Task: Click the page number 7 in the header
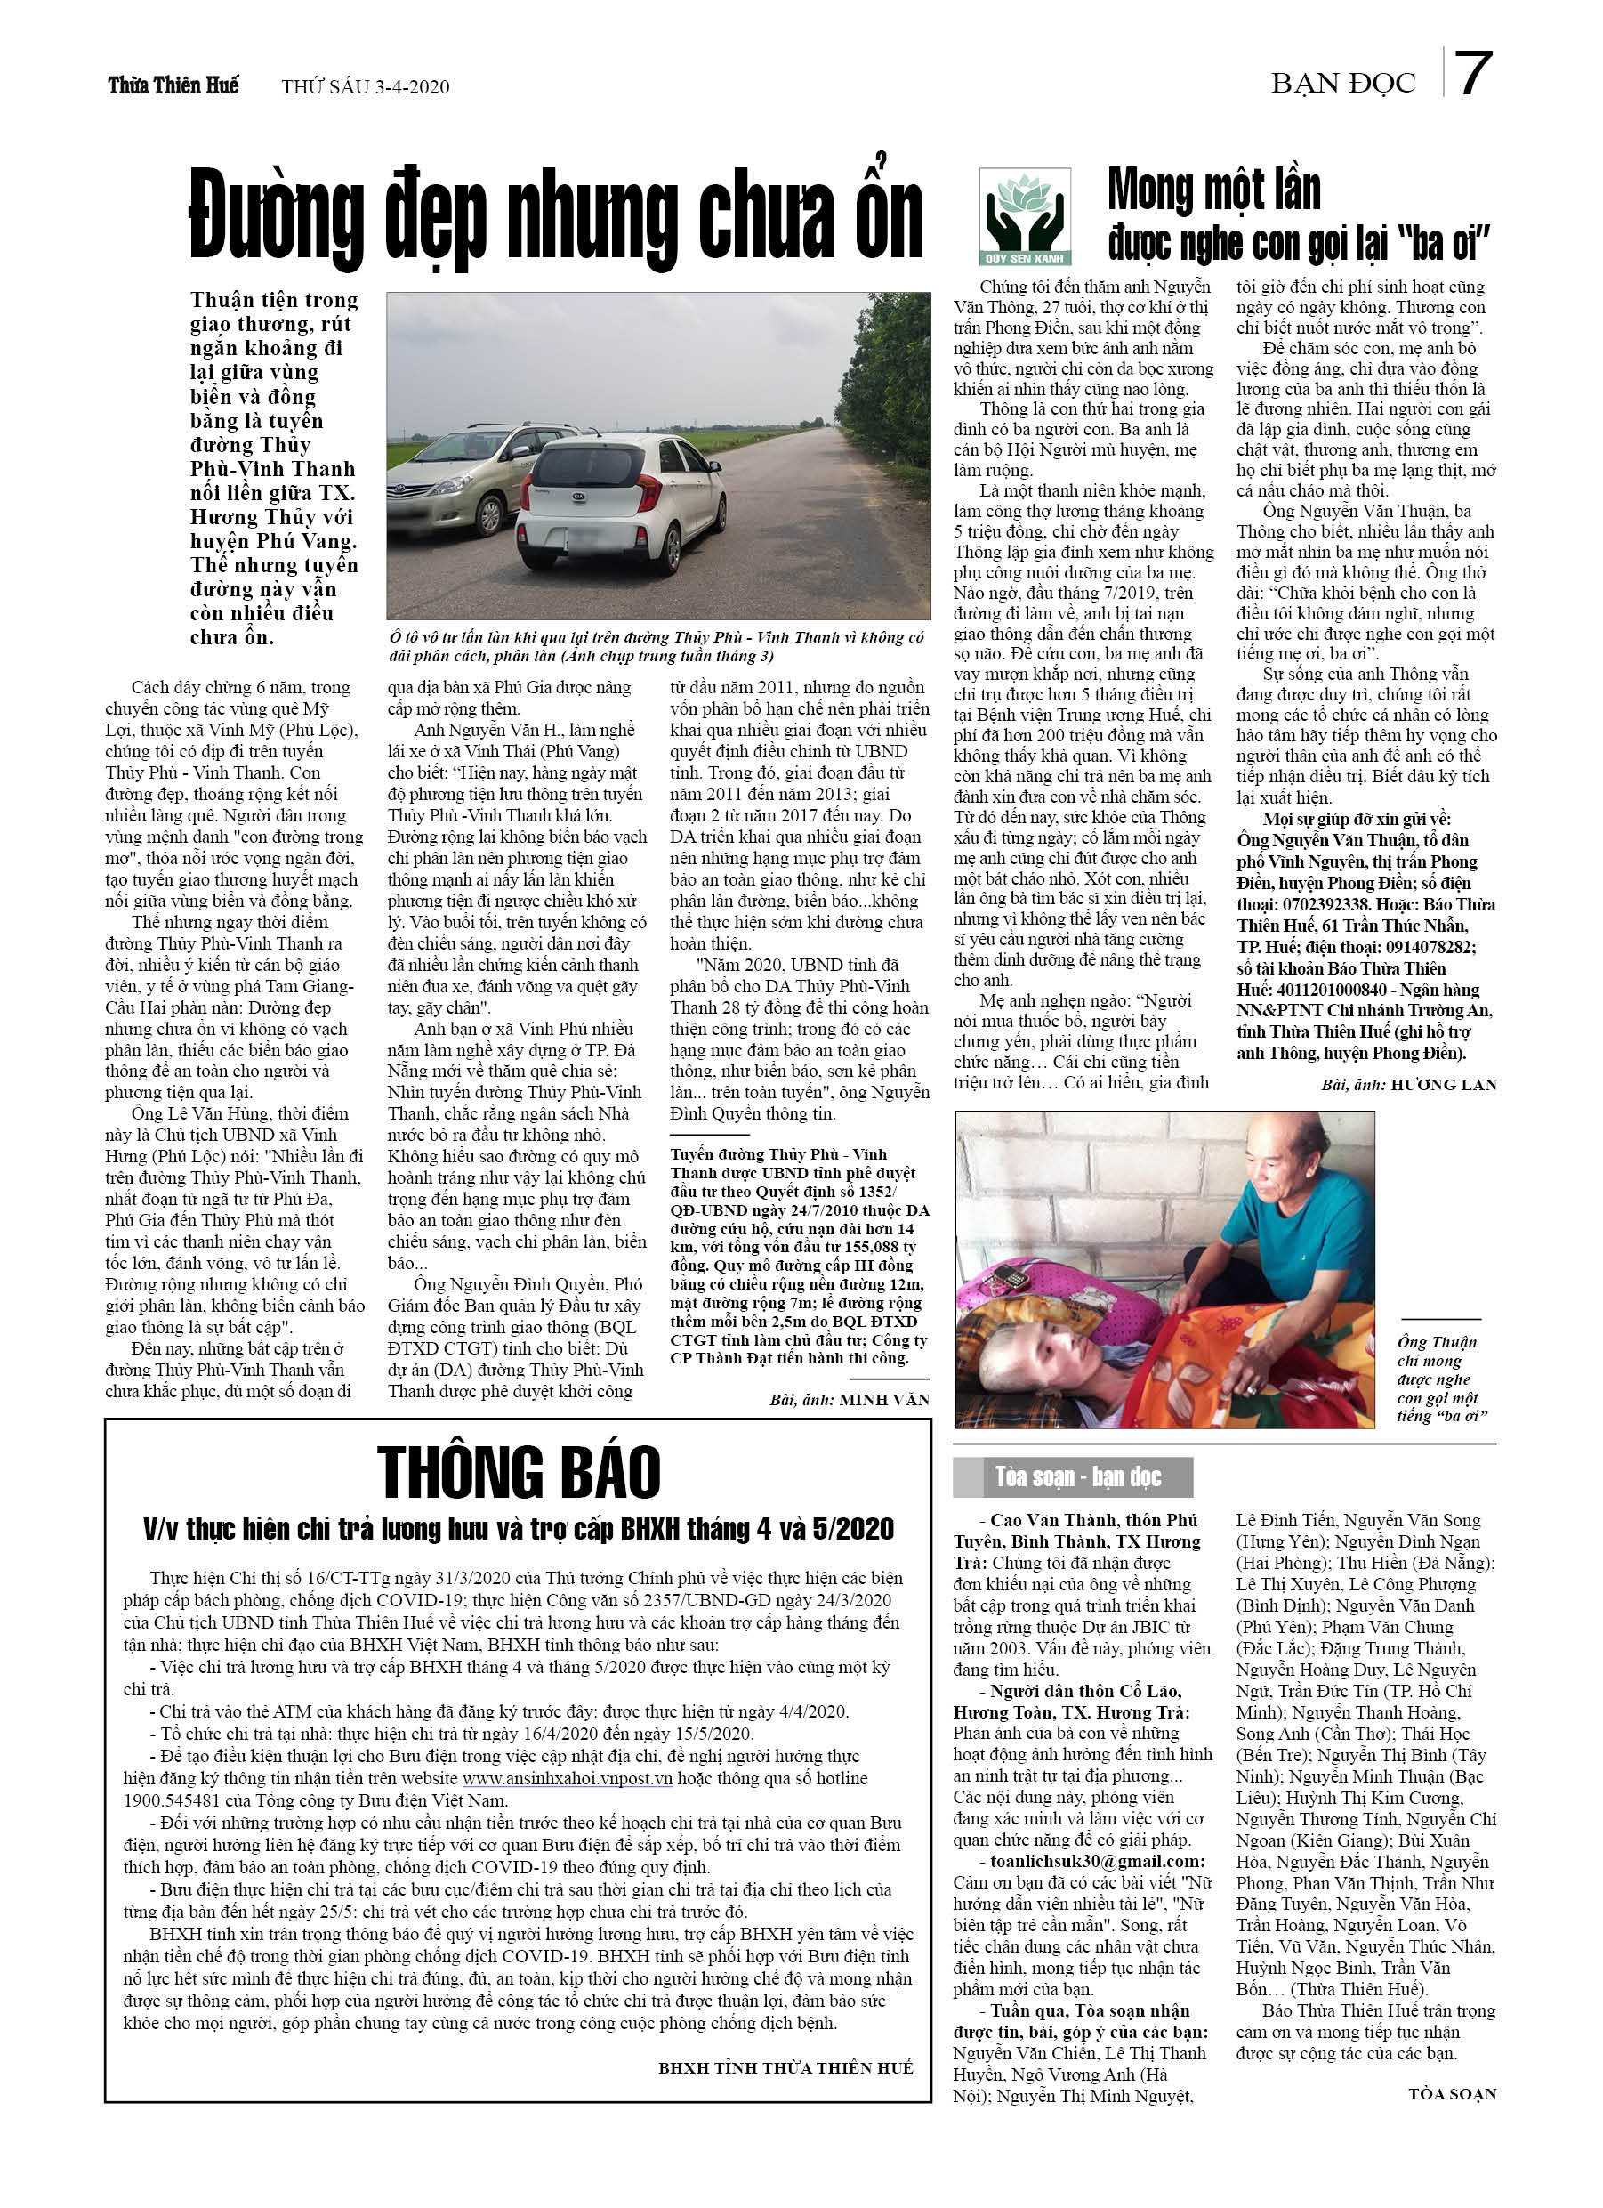[x=1472, y=74]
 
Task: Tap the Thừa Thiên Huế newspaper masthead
[x=173, y=85]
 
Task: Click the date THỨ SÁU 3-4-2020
[x=365, y=87]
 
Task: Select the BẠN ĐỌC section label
[x=1343, y=85]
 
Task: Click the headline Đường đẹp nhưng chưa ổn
[x=556, y=215]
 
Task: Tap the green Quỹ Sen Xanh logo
[x=1025, y=215]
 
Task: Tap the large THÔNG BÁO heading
[x=519, y=1472]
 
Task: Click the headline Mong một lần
[x=1213, y=189]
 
